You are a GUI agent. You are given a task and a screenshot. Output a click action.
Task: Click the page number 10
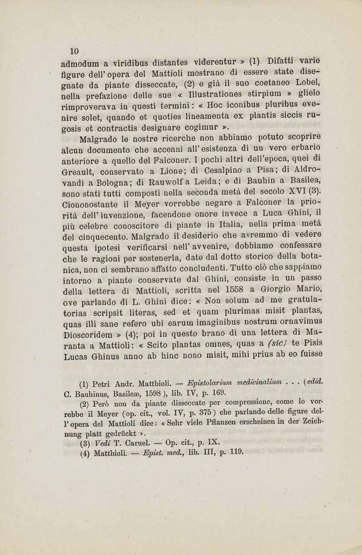(x=74, y=50)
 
